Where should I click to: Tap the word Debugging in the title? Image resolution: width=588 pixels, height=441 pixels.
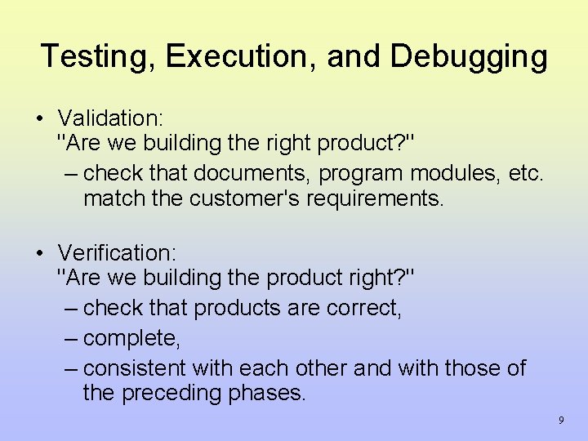coord(469,56)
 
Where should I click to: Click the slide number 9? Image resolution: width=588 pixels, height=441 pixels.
coord(561,420)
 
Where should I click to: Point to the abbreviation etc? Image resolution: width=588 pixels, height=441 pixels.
coord(524,173)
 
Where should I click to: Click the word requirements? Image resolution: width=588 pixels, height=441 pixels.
coord(375,200)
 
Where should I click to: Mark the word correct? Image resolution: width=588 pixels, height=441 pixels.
coord(363,308)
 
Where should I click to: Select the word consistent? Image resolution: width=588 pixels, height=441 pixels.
coord(135,367)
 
